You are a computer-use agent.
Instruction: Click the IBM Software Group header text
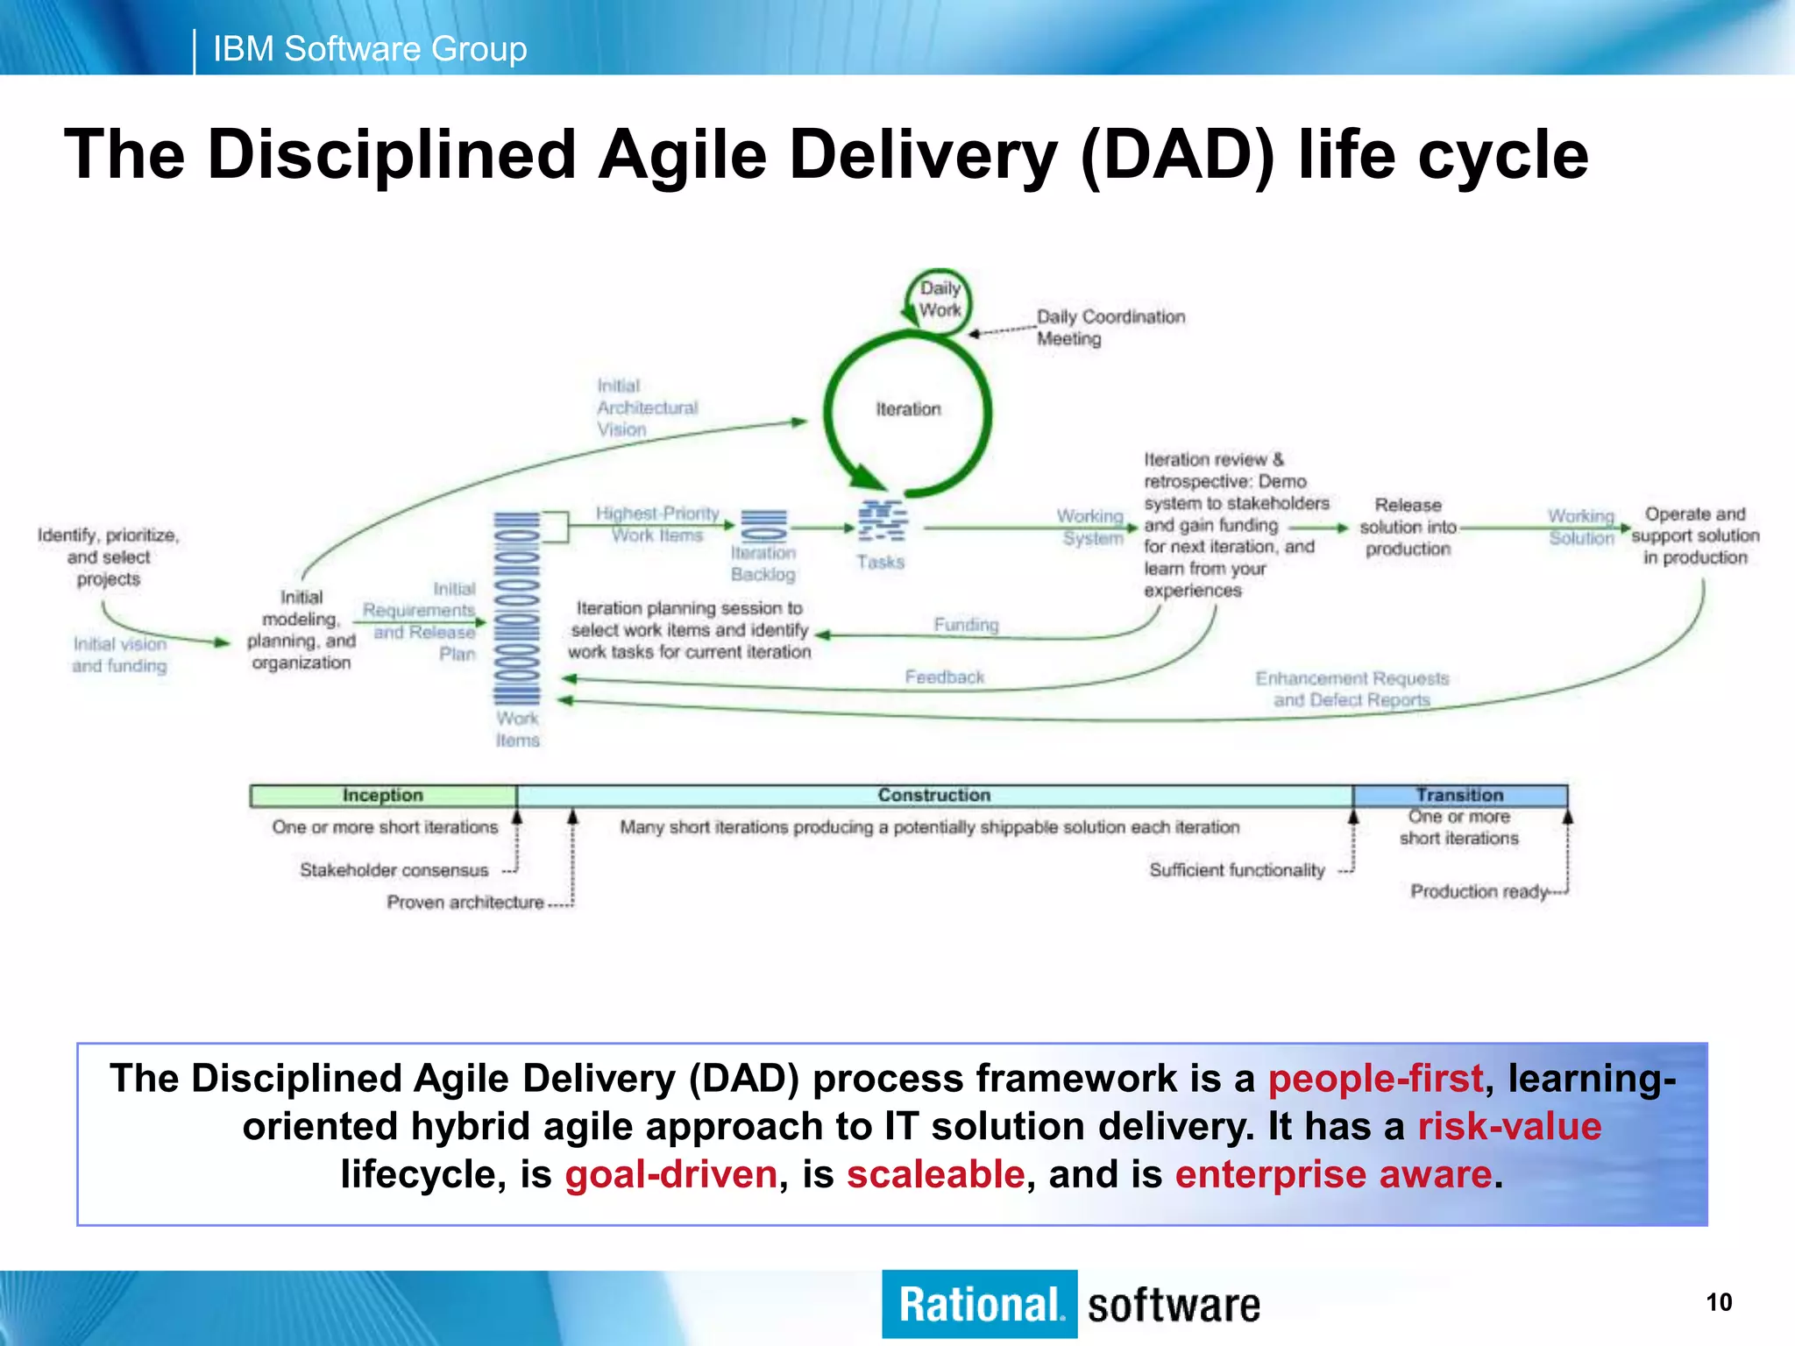point(370,49)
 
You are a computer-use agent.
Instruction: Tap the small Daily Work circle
point(939,300)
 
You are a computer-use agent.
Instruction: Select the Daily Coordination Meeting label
point(1110,328)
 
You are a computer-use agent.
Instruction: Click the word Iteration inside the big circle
point(908,409)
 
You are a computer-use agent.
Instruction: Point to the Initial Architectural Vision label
point(647,407)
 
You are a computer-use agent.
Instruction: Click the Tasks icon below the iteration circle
point(882,522)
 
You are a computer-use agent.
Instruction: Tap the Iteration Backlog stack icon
point(764,527)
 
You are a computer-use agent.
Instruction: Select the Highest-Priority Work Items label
point(657,524)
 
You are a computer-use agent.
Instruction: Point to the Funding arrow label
point(966,625)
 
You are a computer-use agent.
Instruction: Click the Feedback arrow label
point(944,677)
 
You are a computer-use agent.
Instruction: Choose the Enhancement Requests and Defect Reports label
point(1352,689)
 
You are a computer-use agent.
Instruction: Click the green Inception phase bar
point(383,796)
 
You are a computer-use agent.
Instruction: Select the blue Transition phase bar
point(1459,796)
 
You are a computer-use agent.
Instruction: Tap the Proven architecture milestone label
point(465,903)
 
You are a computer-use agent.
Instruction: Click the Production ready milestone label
point(1479,892)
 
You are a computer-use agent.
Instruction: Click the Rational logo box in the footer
point(979,1304)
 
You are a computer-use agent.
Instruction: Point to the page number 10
point(1719,1302)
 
